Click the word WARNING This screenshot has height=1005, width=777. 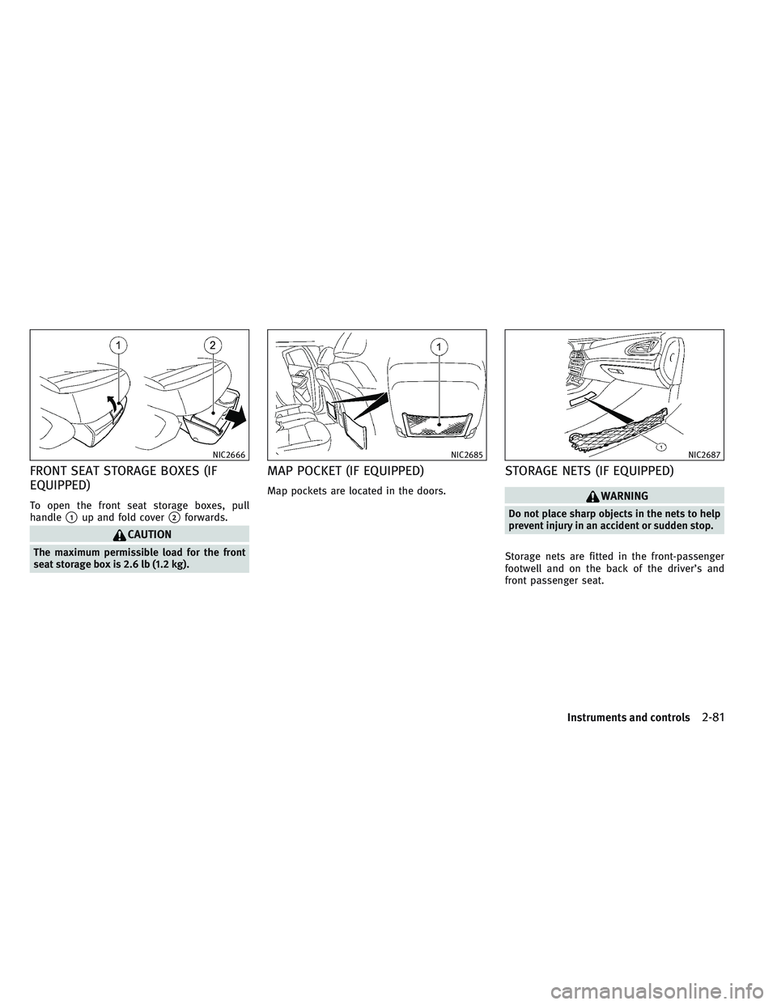626,496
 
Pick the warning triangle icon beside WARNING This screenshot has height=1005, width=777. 601,496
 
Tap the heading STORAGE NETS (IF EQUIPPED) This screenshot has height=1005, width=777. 588,472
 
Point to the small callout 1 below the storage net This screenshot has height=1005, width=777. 661,447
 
